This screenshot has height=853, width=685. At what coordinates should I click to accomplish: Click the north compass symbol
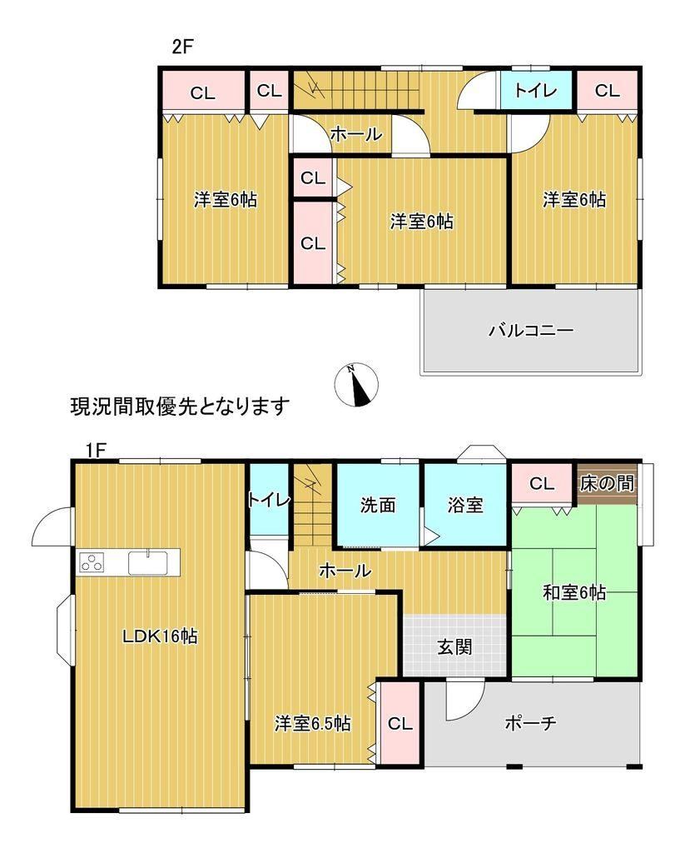pyautogui.click(x=356, y=385)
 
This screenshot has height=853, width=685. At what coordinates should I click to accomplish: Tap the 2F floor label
pyautogui.click(x=182, y=47)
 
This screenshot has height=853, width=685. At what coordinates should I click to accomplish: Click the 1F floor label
pyautogui.click(x=96, y=451)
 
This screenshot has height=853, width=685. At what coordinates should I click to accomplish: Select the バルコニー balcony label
pyautogui.click(x=530, y=330)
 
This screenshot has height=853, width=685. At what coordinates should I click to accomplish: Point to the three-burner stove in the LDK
pyautogui.click(x=92, y=562)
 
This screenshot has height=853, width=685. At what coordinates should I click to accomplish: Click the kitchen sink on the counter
pyautogui.click(x=148, y=562)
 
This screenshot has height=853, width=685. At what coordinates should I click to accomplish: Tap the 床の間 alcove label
pyautogui.click(x=607, y=483)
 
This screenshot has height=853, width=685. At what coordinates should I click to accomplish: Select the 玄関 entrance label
pyautogui.click(x=454, y=647)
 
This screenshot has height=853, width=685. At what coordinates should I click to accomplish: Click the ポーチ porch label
pyautogui.click(x=530, y=723)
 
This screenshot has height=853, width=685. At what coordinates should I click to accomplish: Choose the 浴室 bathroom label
pyautogui.click(x=465, y=506)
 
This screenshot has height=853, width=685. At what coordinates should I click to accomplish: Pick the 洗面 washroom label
pyautogui.click(x=378, y=506)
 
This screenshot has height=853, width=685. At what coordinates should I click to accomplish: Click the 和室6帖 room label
pyautogui.click(x=574, y=592)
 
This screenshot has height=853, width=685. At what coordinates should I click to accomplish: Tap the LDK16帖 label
pyautogui.click(x=160, y=636)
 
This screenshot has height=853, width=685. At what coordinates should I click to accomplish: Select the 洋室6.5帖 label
pyautogui.click(x=313, y=724)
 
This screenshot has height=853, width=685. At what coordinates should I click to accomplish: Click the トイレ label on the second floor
pyautogui.click(x=535, y=90)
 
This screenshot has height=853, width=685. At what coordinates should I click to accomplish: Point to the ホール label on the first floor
pyautogui.click(x=345, y=571)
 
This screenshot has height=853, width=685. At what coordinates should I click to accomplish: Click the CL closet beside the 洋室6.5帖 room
pyautogui.click(x=400, y=724)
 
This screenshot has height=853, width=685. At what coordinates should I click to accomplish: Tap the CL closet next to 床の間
pyautogui.click(x=542, y=483)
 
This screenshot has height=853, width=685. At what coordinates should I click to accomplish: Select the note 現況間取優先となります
pyautogui.click(x=180, y=407)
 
